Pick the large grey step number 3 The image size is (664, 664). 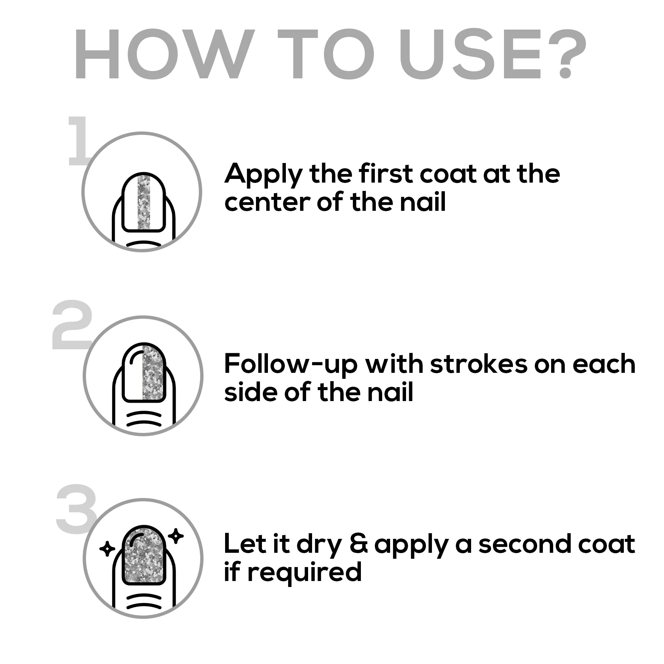(x=76, y=509)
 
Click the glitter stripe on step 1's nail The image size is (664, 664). (x=144, y=202)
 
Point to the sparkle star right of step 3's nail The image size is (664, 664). (x=176, y=536)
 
